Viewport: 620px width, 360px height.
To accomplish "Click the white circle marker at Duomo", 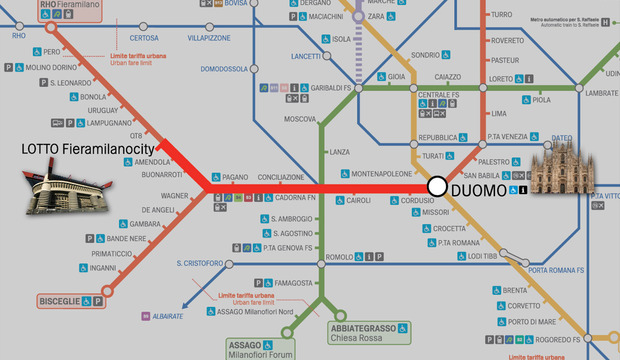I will click(437, 186).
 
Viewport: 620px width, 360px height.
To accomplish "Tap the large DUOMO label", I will click(478, 188).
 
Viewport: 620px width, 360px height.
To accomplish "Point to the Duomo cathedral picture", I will click(561, 166).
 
